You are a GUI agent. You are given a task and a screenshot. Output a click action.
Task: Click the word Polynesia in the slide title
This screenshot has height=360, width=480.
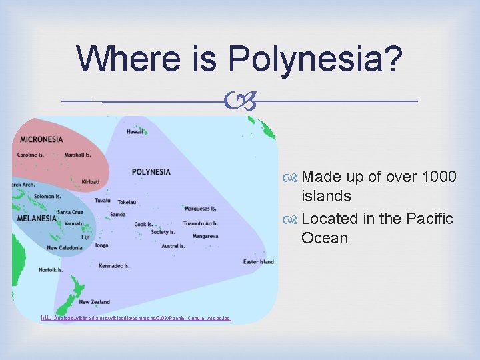click(x=315, y=59)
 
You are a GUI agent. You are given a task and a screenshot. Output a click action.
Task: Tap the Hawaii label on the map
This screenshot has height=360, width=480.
click(x=135, y=132)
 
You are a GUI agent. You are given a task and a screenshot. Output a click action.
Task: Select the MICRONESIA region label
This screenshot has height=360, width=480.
click(x=41, y=139)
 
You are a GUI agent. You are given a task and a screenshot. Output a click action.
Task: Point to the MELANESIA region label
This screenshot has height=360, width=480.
click(x=37, y=218)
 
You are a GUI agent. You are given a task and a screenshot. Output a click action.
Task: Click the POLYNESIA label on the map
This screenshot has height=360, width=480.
click(x=151, y=172)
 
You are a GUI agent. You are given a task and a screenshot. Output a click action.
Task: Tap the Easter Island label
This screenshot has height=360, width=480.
click(x=258, y=262)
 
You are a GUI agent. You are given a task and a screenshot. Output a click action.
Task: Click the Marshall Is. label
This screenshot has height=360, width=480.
click(x=78, y=155)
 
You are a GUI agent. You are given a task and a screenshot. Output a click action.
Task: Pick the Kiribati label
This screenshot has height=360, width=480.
click(x=90, y=181)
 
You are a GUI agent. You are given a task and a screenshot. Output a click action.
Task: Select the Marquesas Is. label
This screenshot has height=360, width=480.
click(x=200, y=209)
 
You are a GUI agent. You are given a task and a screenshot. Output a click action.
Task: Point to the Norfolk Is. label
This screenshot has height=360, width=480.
click(x=51, y=270)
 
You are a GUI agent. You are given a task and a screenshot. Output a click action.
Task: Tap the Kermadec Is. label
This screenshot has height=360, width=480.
click(x=114, y=265)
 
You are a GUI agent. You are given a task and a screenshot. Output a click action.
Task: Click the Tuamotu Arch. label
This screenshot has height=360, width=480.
click(x=200, y=223)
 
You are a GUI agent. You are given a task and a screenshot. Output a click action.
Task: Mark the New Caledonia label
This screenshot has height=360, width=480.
click(x=65, y=248)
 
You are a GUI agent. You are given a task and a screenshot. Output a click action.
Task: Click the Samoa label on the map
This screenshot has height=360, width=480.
click(x=117, y=214)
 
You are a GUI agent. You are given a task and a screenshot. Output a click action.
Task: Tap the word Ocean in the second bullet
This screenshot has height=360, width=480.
click(x=325, y=238)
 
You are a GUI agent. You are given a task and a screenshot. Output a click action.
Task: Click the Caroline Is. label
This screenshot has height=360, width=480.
click(x=31, y=155)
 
